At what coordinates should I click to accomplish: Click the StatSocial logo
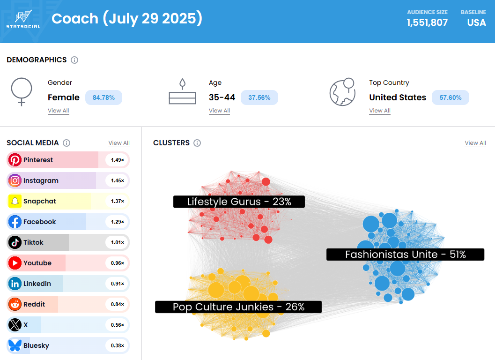pos(23,19)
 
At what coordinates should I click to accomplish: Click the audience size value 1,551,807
pos(427,22)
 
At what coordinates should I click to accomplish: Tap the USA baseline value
pos(476,22)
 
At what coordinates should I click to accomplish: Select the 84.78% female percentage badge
pos(103,97)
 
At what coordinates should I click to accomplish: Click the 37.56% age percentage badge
pos(259,97)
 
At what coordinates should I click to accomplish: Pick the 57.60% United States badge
pos(450,97)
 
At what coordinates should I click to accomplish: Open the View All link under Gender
pos(59,111)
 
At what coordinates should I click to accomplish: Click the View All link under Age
pos(219,111)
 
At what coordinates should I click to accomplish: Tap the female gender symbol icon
pos(22,92)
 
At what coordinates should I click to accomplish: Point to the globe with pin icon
pos(343,92)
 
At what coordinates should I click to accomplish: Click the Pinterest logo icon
pos(15,160)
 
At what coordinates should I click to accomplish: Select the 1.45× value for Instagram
pos(117,180)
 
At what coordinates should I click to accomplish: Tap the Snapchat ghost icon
pos(15,201)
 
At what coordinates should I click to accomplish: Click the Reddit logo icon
pos(15,304)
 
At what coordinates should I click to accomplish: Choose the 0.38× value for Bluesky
pos(117,345)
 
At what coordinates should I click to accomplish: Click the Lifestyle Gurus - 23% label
pos(239,202)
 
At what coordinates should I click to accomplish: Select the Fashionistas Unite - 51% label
pos(405,255)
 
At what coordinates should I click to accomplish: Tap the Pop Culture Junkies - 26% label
pos(238,307)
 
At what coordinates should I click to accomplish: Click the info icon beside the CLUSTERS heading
pos(197,143)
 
